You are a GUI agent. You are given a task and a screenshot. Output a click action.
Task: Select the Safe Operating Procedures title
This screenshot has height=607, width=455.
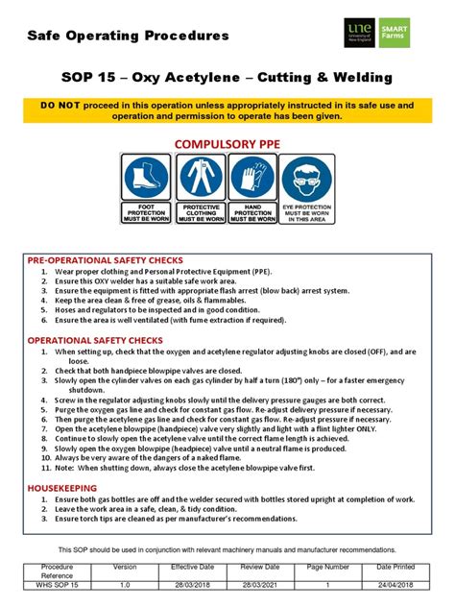click(x=128, y=36)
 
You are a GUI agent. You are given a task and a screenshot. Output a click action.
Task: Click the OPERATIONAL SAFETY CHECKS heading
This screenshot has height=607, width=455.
click(x=94, y=340)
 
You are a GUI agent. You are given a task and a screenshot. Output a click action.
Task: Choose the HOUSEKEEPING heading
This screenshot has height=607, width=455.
click(x=61, y=488)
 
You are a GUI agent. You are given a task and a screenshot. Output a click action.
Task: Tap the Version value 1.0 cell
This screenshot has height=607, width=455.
click(x=125, y=584)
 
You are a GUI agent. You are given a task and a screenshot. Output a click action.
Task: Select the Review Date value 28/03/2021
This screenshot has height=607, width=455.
click(x=259, y=584)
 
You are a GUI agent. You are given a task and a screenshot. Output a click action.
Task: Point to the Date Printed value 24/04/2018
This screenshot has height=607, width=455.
click(x=395, y=584)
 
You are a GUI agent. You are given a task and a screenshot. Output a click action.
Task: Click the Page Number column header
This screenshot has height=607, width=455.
click(x=327, y=568)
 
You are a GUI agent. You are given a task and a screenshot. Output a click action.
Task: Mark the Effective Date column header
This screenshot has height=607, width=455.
click(x=191, y=568)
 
